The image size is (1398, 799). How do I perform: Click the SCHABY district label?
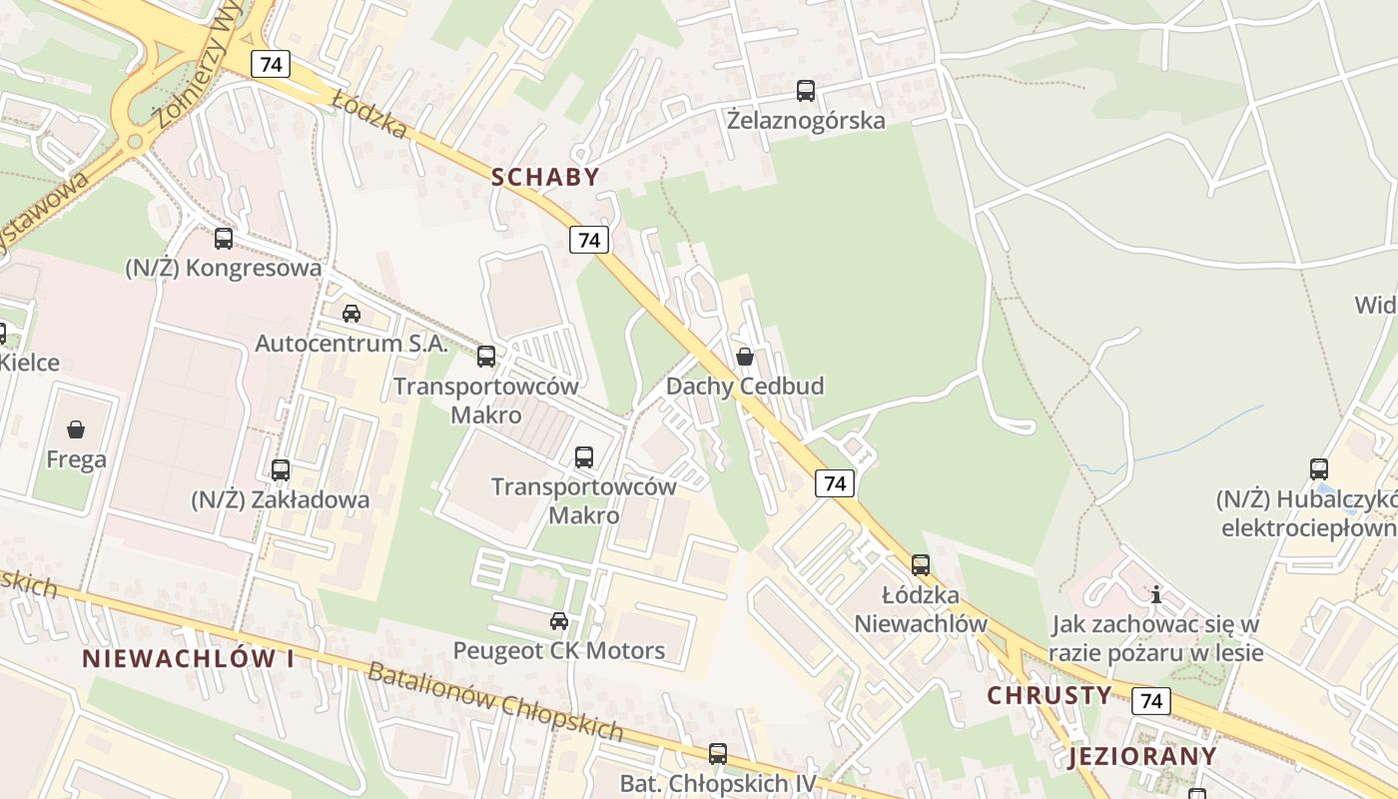point(545,177)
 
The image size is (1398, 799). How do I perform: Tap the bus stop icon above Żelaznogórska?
point(806,91)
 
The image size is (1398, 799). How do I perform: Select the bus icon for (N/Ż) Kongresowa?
point(224,239)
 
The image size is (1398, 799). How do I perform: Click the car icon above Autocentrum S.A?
point(351,314)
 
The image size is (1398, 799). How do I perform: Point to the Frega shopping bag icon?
point(76,429)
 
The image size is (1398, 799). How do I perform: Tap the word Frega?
point(76,460)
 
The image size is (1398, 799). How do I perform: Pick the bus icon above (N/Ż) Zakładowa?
point(281,469)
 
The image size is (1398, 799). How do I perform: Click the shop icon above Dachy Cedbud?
point(745,357)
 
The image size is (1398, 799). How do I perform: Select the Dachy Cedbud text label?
point(745,387)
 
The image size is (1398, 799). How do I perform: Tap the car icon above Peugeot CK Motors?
point(559,621)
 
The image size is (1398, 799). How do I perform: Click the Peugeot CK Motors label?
point(559,651)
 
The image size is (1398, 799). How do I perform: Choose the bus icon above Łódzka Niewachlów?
point(921,564)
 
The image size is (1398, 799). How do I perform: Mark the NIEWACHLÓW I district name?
point(188,659)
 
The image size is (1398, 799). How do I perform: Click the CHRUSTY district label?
point(1049,695)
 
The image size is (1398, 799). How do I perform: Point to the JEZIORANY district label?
point(1143,756)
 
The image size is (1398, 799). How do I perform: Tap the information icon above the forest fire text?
point(1156,595)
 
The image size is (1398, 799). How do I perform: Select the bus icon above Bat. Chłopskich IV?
point(718,754)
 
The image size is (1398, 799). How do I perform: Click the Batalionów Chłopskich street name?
point(495,701)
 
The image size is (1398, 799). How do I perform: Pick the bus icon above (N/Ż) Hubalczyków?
point(1319,468)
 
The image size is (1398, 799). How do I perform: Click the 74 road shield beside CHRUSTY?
point(1151,701)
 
